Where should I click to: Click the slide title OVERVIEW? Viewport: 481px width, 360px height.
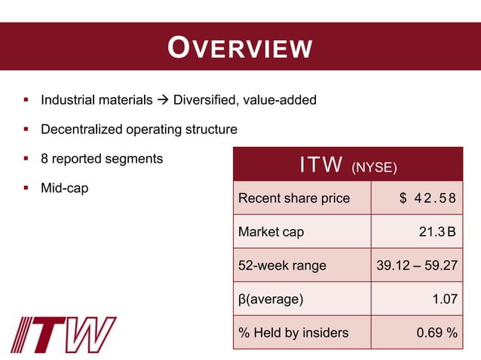point(240,47)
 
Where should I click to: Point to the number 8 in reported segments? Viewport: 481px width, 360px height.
point(44,159)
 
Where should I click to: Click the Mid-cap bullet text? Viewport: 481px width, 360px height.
point(64,188)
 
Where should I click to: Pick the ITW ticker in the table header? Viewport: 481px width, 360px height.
point(321,165)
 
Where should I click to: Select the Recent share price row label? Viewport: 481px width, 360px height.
point(294,199)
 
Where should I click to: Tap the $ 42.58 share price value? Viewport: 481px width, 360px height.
point(428,199)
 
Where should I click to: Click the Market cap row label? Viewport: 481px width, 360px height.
point(271,232)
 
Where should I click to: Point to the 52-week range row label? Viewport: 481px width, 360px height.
point(283,265)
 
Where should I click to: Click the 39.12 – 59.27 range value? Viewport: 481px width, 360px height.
point(417,265)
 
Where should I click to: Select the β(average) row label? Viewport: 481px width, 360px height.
point(271,299)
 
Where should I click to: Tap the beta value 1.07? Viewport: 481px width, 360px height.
point(444,299)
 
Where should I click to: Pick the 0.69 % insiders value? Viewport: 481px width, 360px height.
point(436,333)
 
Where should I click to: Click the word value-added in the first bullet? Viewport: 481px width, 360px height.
point(279,99)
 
